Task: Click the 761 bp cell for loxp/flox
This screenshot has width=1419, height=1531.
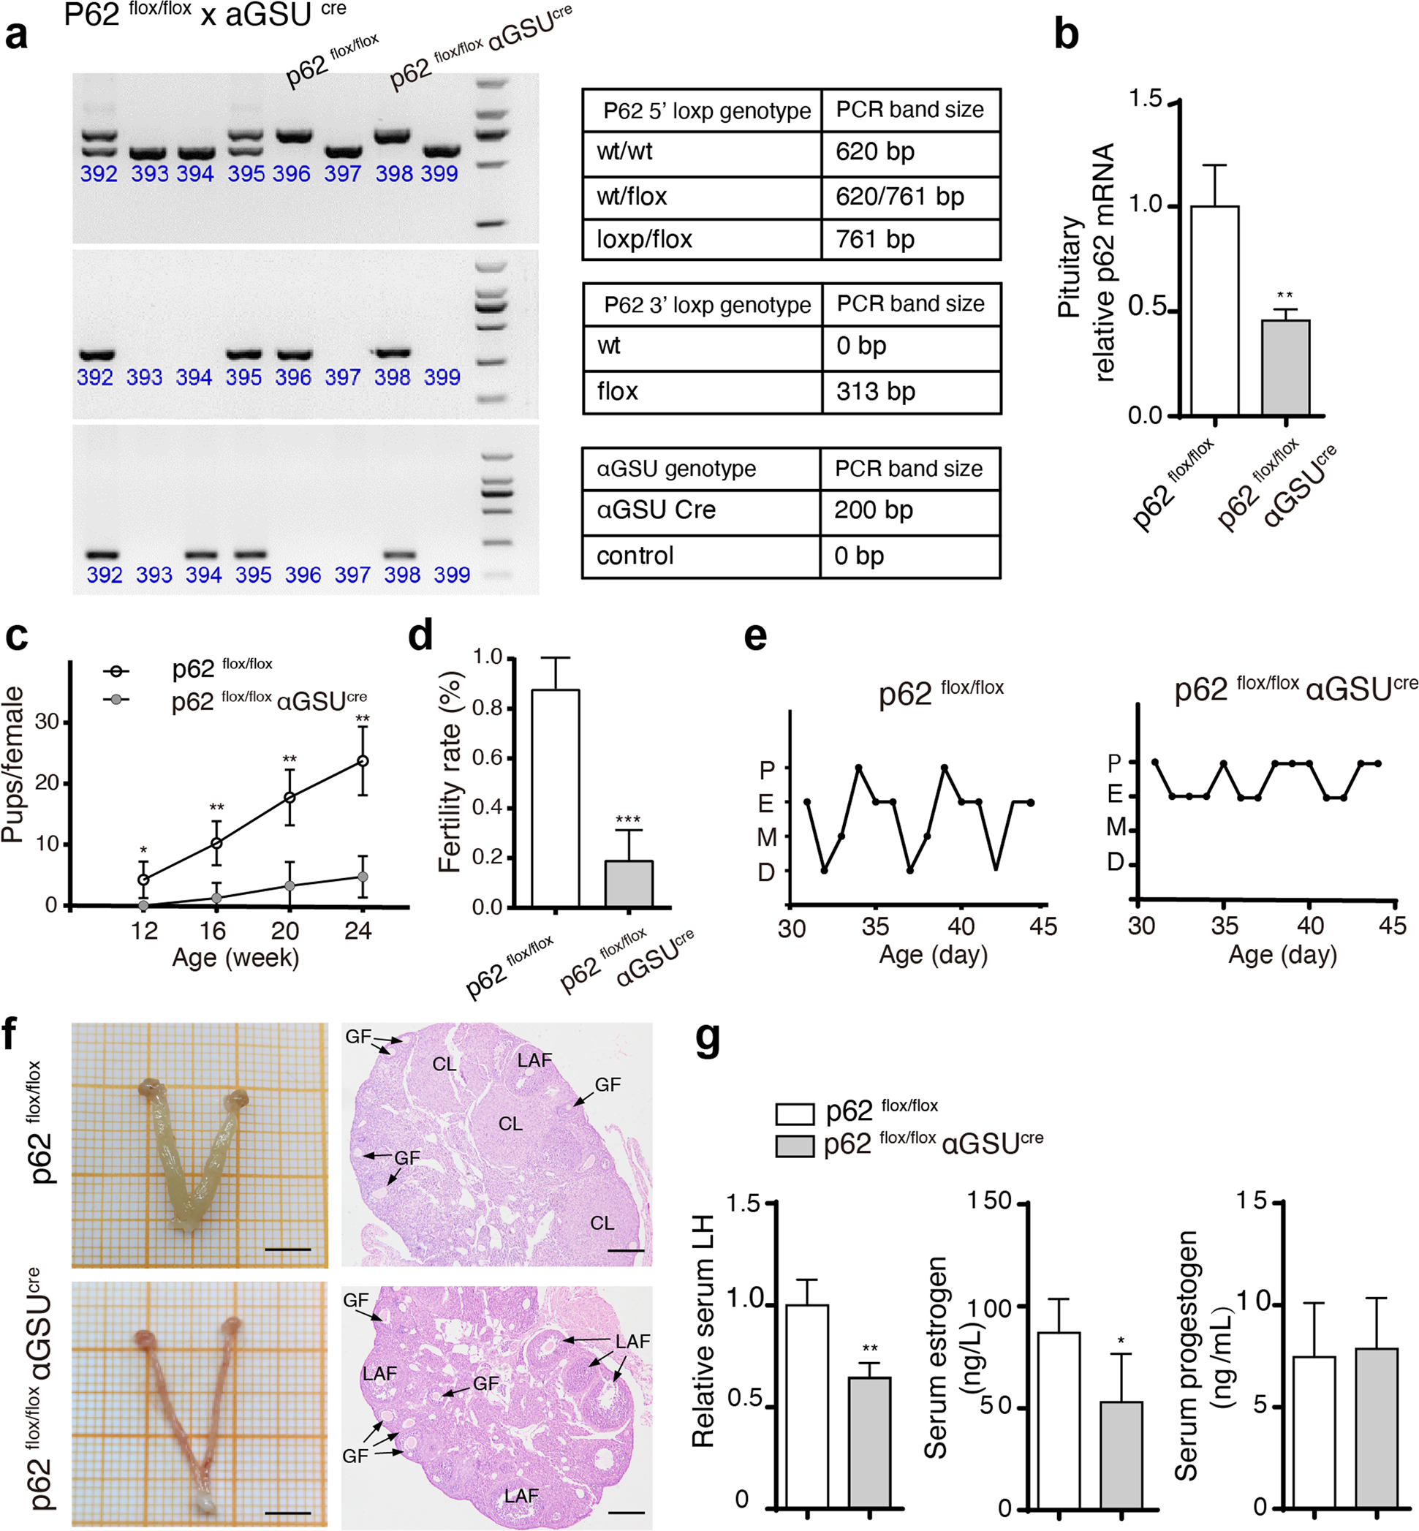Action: [910, 240]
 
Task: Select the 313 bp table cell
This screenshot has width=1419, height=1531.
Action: [910, 392]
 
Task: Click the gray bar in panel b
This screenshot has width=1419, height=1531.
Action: [1285, 368]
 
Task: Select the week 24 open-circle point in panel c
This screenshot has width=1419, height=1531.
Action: [363, 761]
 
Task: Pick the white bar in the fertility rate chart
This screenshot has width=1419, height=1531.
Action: [555, 798]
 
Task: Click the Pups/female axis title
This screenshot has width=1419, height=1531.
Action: [13, 765]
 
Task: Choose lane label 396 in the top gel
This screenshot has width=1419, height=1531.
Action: [292, 174]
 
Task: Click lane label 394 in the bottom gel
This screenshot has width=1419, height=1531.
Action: [203, 575]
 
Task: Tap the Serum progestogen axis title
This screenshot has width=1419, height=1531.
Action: [1187, 1356]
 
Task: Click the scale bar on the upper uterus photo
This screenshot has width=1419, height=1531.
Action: [287, 1250]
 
